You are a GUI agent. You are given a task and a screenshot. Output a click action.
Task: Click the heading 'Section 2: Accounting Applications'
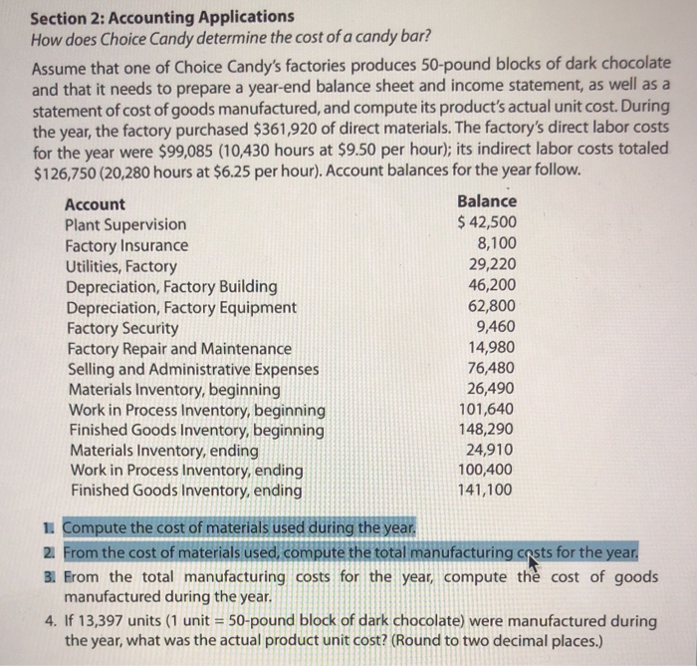(x=162, y=17)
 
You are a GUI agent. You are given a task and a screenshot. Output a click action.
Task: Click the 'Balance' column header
(x=486, y=202)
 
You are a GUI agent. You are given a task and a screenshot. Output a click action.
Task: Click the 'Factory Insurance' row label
(x=126, y=245)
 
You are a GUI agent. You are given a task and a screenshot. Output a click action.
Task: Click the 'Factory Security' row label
(x=122, y=327)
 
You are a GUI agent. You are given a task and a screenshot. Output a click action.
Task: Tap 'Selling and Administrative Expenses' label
(x=193, y=368)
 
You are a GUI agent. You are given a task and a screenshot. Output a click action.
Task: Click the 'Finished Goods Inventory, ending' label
(x=185, y=491)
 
